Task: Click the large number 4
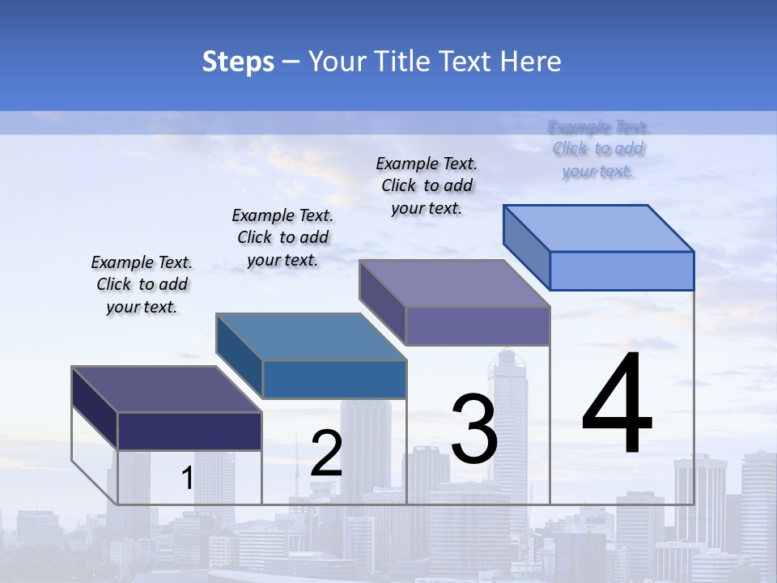coord(617,404)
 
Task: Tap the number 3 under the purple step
coord(473,428)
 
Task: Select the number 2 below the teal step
coord(326,453)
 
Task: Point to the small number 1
coord(187,479)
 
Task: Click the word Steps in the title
coord(238,62)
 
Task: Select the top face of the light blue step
coord(599,228)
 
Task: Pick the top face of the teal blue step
coord(311,337)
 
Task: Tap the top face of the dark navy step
coord(167,389)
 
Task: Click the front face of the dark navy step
coord(189,431)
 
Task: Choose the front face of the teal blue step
coord(334,379)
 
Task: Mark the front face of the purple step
coord(478,326)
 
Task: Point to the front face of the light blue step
coord(622,270)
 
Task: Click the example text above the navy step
coord(142,284)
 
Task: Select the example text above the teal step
coord(282,237)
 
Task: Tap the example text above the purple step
coord(427,185)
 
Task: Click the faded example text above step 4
coord(598,149)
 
